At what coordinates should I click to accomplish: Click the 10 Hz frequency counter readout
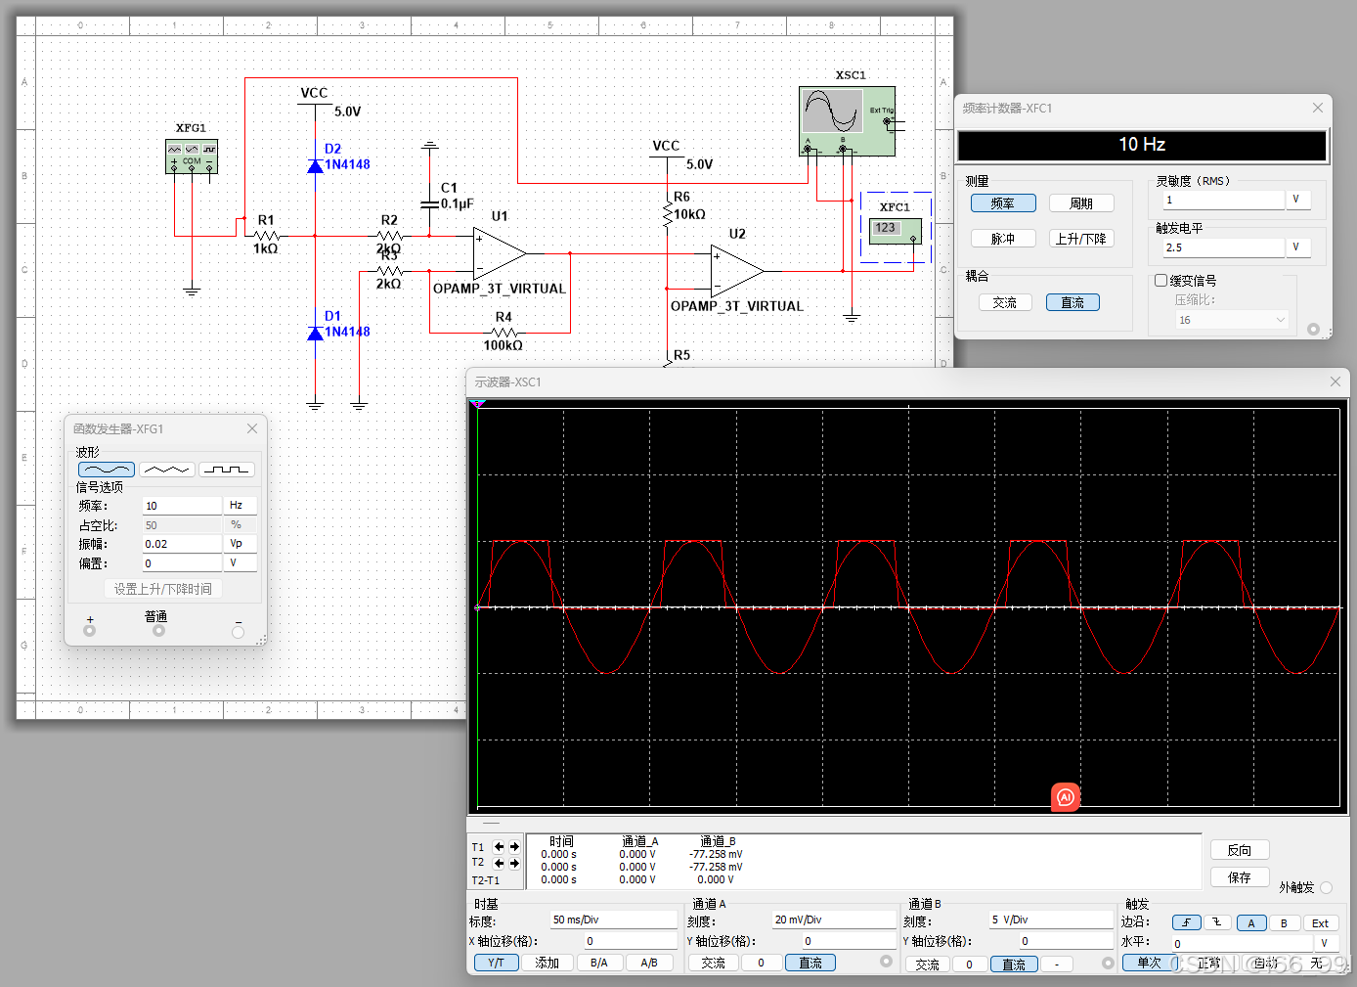pos(1141,145)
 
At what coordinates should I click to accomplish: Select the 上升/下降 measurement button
pos(1080,239)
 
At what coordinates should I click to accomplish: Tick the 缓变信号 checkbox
pos(1161,281)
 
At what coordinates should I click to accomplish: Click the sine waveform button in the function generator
pos(107,470)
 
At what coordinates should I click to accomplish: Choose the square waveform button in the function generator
pos(227,470)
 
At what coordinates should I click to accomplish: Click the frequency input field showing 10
pos(182,506)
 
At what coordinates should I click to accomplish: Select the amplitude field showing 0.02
pos(182,544)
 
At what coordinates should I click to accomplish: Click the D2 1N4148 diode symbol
pos(315,166)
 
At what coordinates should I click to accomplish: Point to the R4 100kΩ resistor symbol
pos(503,333)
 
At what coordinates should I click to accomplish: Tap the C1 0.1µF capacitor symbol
pos(429,203)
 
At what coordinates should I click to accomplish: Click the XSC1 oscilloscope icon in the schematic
pos(847,120)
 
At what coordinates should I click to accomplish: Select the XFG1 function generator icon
pos(192,157)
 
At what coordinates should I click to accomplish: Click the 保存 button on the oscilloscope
pos(1239,877)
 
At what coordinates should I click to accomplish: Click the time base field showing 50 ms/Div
pos(613,920)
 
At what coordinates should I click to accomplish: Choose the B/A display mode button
pos(599,963)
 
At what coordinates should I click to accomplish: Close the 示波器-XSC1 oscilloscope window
pos(1335,381)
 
